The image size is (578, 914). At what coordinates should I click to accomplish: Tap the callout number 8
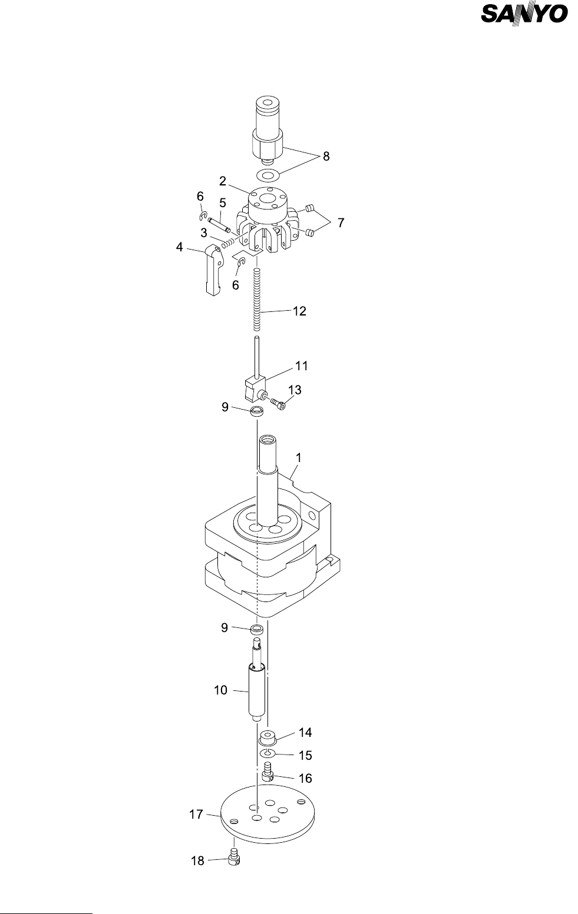326,157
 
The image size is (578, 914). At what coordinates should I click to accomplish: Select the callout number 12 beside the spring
299,311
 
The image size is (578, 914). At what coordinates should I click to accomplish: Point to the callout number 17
196,815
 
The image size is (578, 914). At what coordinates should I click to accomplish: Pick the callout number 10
220,690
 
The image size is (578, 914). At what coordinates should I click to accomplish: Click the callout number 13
295,390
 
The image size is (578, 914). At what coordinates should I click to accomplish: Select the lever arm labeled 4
213,271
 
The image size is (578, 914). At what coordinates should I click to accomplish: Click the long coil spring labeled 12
257,299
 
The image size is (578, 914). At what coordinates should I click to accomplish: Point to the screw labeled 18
233,860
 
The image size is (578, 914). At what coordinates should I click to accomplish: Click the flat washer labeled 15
268,754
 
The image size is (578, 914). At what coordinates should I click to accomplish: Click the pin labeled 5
222,225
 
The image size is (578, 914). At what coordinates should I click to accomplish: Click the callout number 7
341,223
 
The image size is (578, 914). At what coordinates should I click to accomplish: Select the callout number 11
301,365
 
